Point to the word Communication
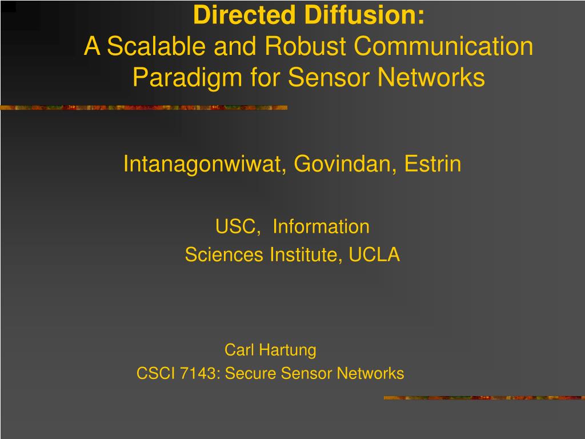443,47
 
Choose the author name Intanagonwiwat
203,165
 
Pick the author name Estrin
433,165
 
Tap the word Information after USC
321,227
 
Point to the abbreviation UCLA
375,255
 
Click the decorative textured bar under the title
143,107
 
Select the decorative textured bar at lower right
484,398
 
